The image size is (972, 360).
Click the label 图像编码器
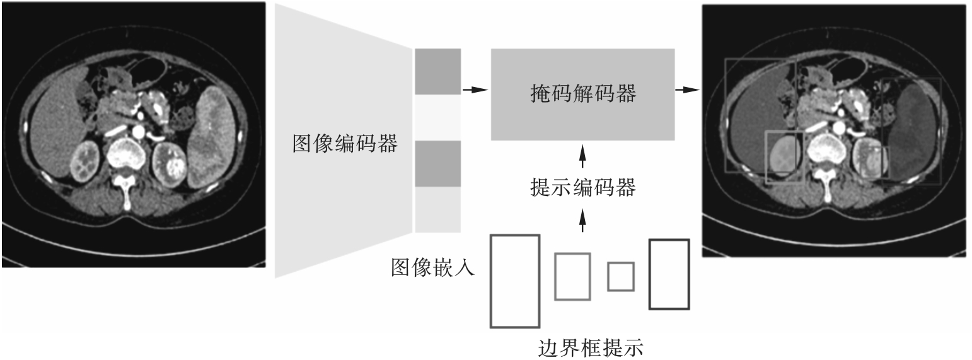tap(345, 144)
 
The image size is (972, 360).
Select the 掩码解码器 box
tap(582, 94)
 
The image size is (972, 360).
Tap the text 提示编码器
tap(582, 187)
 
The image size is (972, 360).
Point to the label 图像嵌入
tap(433, 269)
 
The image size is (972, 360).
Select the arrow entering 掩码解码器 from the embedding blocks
tap(475, 90)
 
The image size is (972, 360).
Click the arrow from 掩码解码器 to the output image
tap(688, 90)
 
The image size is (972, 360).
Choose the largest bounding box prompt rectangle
tap(515, 281)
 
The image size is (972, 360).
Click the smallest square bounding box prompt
tap(620, 277)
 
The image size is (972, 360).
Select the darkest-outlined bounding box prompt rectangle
tap(669, 274)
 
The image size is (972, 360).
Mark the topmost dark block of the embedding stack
tap(437, 71)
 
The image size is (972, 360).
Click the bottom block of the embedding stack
tap(437, 211)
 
